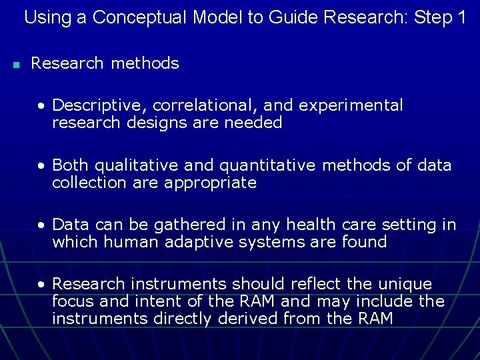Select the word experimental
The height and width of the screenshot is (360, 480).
pyautogui.click(x=351, y=105)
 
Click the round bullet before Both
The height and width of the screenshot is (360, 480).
pyautogui.click(x=42, y=165)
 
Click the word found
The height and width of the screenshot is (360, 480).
pyautogui.click(x=366, y=242)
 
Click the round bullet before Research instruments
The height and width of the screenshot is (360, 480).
pyautogui.click(x=42, y=285)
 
